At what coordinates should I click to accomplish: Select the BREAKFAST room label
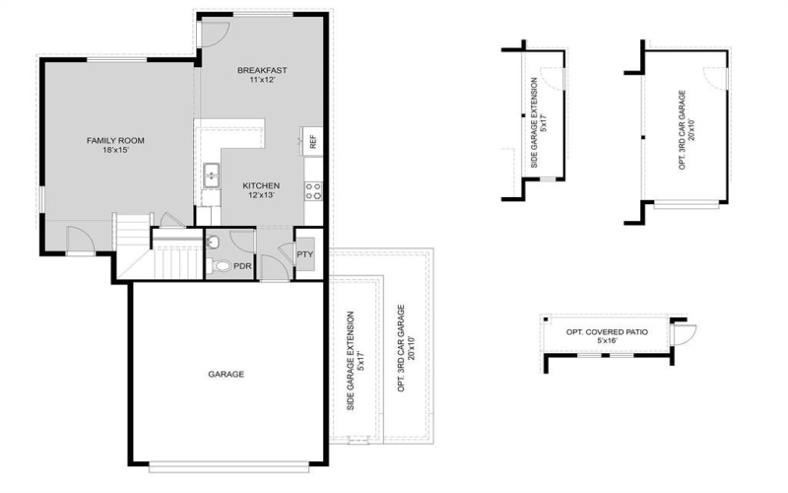(x=262, y=69)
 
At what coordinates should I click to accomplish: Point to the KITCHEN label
(x=261, y=184)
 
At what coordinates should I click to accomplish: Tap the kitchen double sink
(x=212, y=176)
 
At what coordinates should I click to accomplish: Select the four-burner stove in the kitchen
(x=315, y=190)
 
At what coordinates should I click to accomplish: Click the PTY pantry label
(x=305, y=254)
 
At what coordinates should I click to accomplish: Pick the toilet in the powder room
(x=220, y=265)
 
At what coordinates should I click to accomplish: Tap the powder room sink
(x=214, y=243)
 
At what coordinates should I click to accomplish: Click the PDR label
(x=242, y=265)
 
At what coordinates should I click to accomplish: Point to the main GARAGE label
(x=226, y=374)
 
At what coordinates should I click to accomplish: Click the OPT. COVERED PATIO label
(x=607, y=331)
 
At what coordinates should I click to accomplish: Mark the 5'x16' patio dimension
(x=607, y=342)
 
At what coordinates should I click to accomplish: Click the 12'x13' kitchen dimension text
(x=261, y=195)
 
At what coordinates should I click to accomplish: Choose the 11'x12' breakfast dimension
(x=262, y=80)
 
